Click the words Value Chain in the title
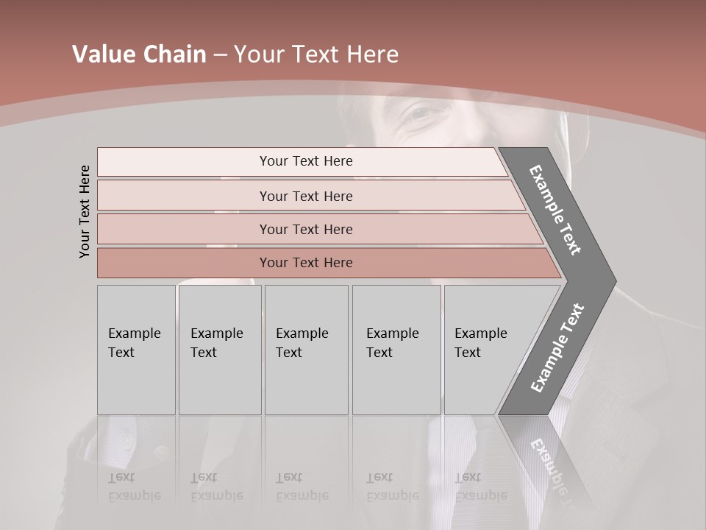[139, 54]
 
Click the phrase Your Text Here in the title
[316, 54]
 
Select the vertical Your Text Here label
[85, 211]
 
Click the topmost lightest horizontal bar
[305, 161]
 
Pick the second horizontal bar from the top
[305, 196]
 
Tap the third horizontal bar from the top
[305, 229]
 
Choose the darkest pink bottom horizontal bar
[305, 263]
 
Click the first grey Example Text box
[136, 350]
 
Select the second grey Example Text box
[219, 350]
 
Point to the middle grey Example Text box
[306, 350]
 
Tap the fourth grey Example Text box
[396, 350]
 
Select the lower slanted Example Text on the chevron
[557, 347]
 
